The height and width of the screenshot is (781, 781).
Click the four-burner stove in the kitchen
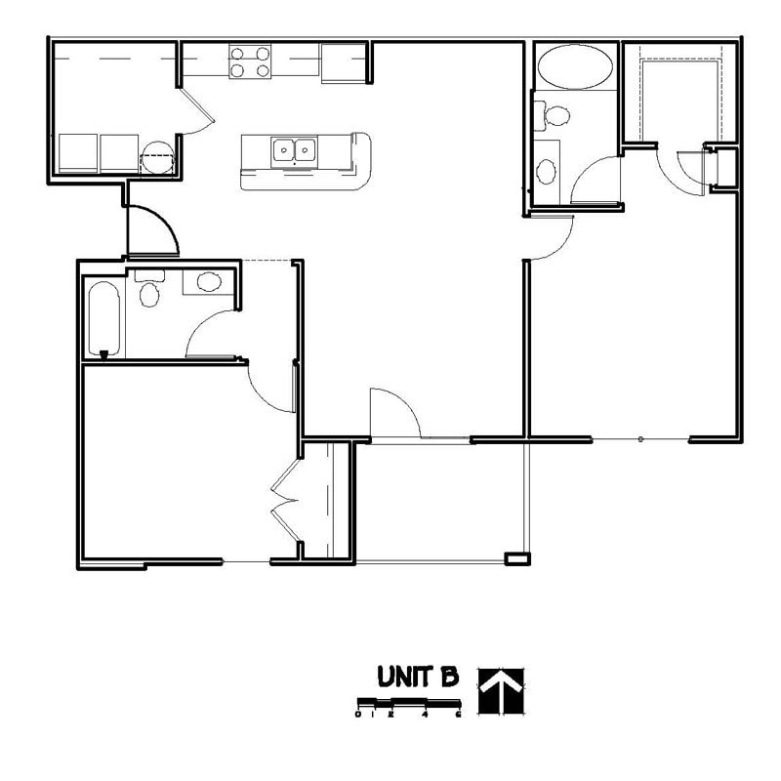coord(250,61)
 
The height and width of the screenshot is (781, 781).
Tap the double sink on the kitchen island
coord(294,150)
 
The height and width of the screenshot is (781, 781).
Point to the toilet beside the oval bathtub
coord(556,115)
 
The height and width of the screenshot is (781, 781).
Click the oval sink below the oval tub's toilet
coord(547,171)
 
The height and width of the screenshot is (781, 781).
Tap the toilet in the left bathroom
coord(149,292)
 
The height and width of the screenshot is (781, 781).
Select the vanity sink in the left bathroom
coord(208,283)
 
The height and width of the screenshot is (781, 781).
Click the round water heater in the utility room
coord(156,156)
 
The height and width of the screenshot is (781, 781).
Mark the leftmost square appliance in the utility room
coord(77,153)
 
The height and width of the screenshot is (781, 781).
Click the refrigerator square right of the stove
coord(342,62)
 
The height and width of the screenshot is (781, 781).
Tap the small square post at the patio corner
coord(516,558)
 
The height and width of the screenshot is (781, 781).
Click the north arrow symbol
coord(501,690)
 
